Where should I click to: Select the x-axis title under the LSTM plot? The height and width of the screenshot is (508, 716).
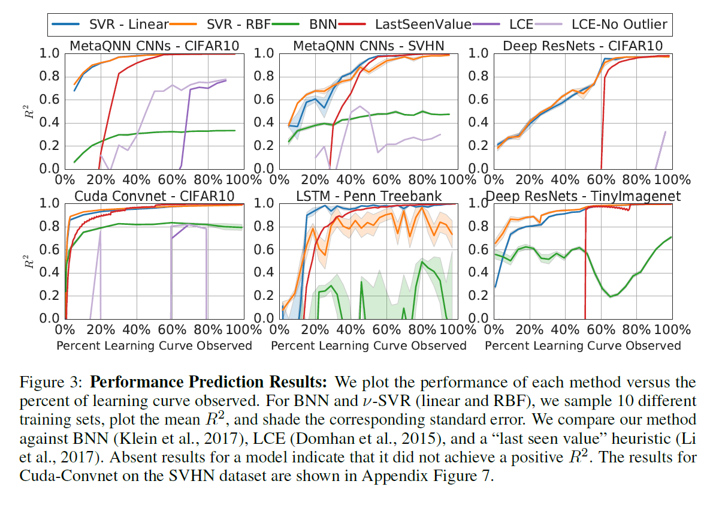[368, 345]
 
